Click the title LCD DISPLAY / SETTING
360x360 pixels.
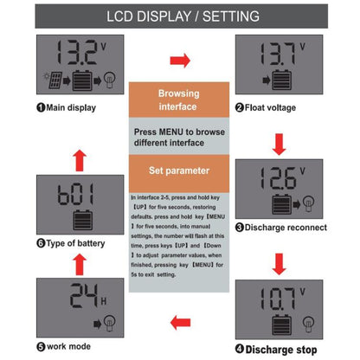pyautogui.click(x=180, y=16)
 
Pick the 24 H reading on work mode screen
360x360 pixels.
pyautogui.click(x=67, y=298)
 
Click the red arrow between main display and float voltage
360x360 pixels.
pyautogui.click(x=180, y=61)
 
